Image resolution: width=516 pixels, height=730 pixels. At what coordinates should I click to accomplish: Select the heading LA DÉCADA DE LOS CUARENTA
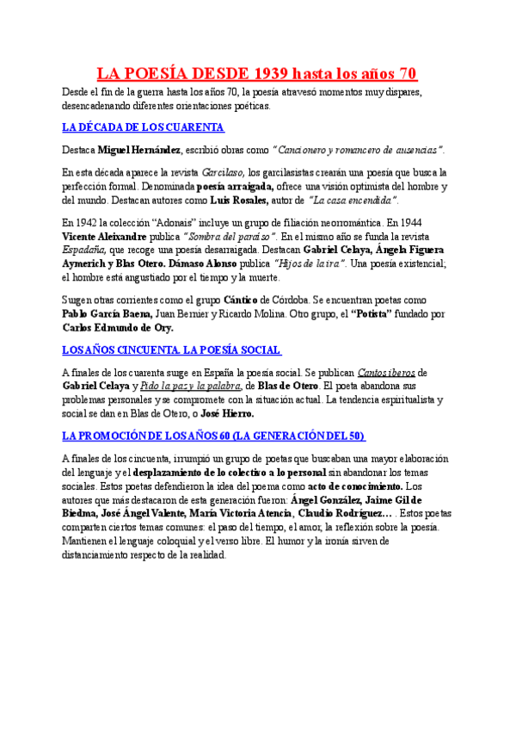[144, 127]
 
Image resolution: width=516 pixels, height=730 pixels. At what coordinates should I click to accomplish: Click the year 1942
[89, 222]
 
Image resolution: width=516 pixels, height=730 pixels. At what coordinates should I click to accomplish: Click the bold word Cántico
[242, 300]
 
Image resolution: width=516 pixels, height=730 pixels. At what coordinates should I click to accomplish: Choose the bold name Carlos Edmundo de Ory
[118, 327]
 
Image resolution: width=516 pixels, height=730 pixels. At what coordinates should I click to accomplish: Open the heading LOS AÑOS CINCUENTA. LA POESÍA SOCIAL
[172, 350]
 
